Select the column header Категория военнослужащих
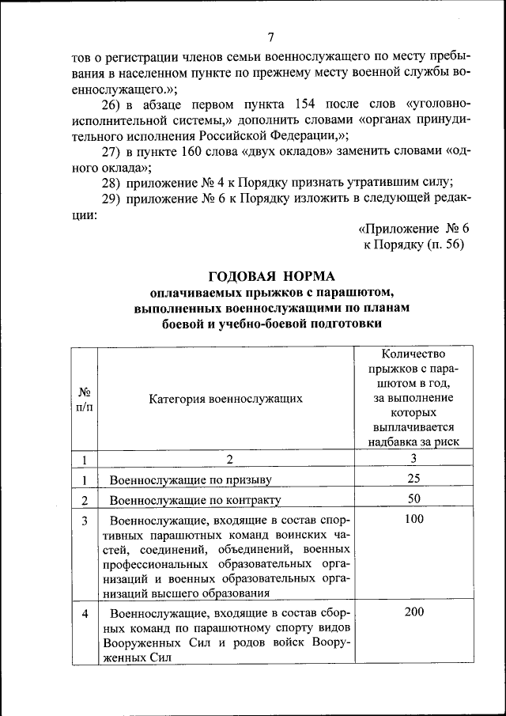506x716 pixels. [225, 400]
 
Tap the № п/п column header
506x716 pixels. [84, 400]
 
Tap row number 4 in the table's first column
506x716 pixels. [84, 613]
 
